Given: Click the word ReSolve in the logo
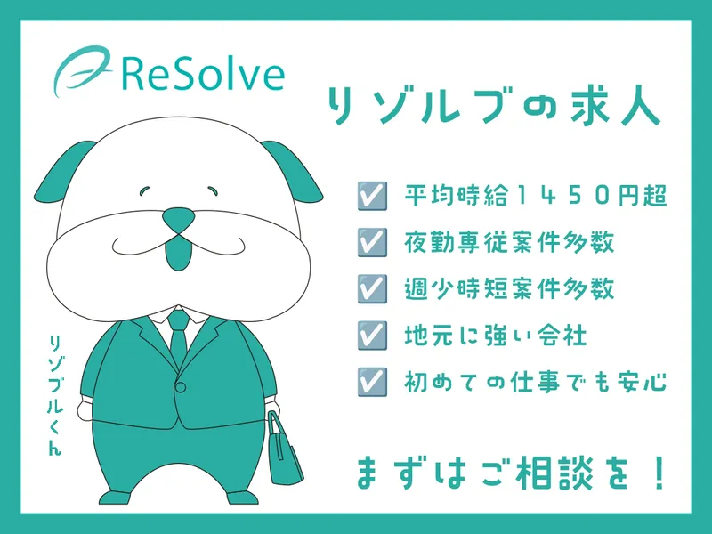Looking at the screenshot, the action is [x=203, y=76].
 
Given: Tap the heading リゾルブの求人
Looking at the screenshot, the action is [x=493, y=104].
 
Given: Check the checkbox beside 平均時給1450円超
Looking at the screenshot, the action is [x=372, y=196].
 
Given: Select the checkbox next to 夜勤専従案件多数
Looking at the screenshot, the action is [x=372, y=242].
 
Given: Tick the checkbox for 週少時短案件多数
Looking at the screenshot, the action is [x=372, y=288].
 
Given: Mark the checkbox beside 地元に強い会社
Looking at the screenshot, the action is [x=372, y=336].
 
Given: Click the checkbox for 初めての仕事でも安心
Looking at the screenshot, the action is [x=372, y=382].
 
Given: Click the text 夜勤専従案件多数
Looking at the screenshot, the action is [x=509, y=242].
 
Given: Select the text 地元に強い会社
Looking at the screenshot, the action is [x=496, y=336].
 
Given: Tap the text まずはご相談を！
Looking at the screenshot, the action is [x=510, y=473].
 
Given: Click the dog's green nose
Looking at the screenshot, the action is [x=179, y=219].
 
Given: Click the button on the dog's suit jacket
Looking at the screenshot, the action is [x=181, y=387].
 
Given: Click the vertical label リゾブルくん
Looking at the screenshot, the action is [x=55, y=394].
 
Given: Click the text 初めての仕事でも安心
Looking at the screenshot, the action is [x=536, y=382].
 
